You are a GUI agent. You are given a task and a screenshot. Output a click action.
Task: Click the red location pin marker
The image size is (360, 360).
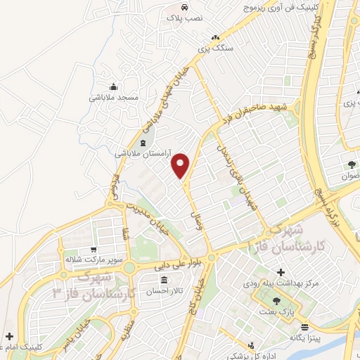point(181,165)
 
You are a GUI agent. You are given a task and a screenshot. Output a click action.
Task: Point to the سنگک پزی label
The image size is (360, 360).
point(213,48)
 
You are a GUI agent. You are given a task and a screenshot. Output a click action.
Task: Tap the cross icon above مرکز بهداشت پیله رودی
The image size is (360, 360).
point(281,271)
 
